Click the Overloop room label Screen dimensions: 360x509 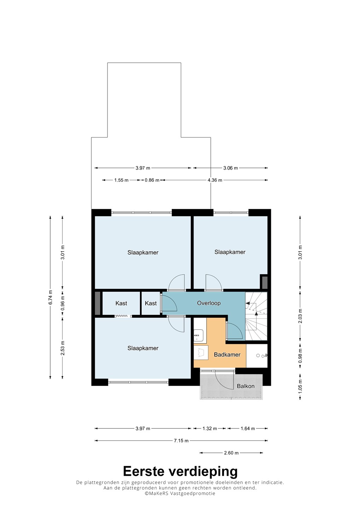[209, 303]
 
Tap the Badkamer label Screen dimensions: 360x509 [227, 354]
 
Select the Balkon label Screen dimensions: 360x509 [245, 386]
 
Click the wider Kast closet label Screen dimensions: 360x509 [121, 303]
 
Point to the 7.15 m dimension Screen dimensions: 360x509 [181, 440]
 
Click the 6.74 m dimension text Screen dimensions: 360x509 [51, 297]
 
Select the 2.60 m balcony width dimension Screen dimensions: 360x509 [231, 453]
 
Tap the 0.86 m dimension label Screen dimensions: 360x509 [152, 180]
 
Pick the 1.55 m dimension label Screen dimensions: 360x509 [121, 180]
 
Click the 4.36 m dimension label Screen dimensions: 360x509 [215, 180]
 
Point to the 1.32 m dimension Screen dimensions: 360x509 [210, 428]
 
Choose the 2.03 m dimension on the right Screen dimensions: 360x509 [300, 316]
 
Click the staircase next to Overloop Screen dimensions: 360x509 [256, 316]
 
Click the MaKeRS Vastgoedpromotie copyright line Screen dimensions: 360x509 [180, 493]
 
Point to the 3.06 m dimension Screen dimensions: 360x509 [231, 168]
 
